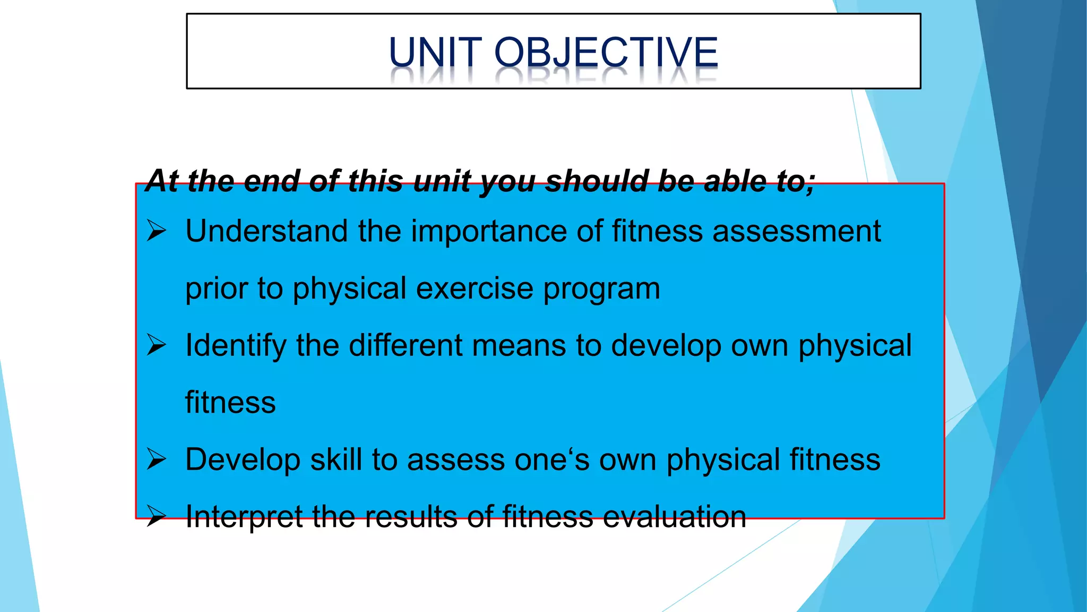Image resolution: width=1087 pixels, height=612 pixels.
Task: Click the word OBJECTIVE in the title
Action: (606, 53)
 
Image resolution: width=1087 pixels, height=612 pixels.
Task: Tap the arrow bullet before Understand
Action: (157, 231)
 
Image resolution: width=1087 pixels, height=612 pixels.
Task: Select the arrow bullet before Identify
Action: (157, 345)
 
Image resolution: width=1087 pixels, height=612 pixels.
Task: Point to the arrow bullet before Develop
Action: (157, 460)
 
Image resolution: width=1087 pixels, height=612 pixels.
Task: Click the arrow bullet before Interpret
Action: (157, 516)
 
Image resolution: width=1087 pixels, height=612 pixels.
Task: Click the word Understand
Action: (266, 232)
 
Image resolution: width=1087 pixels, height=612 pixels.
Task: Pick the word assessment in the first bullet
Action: (796, 232)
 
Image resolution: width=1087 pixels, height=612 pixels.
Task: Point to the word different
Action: (406, 345)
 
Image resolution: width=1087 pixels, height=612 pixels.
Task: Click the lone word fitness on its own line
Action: (230, 402)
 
